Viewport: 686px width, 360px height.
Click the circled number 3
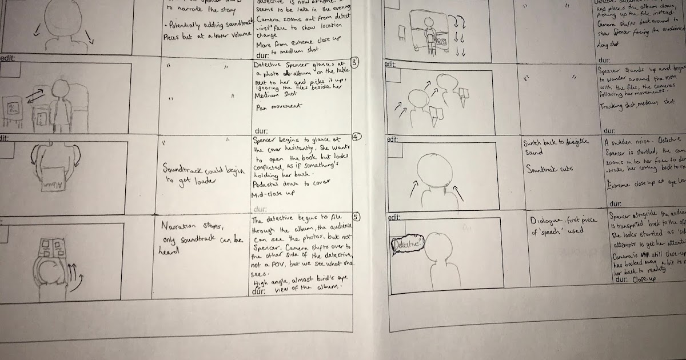[354, 63]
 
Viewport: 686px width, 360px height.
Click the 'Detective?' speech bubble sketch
[408, 245]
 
